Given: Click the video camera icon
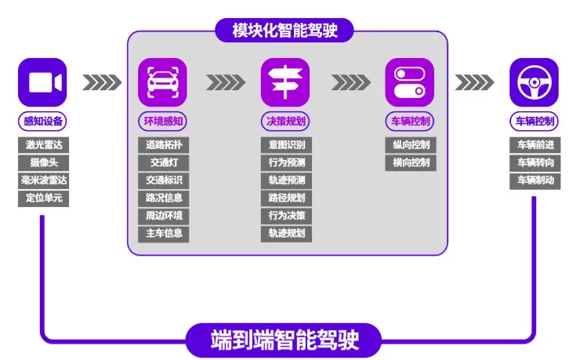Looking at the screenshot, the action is pos(42,82).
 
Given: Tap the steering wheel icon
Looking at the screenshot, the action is pos(533,82).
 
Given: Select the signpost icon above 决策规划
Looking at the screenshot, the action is pos(285,82).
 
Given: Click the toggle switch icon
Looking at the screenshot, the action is pos(409,82).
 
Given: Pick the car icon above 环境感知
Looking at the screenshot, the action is pos(163,82).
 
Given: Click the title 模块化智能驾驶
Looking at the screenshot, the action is pos(286,30).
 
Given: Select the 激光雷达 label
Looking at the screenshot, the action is pos(43,145).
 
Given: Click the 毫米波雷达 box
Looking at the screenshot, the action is pos(43,180).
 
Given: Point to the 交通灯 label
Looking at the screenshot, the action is pos(163,163).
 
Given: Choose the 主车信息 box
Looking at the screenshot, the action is pos(163,233).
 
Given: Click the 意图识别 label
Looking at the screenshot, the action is pos(286,145).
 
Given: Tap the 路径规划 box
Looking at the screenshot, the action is pos(286,198).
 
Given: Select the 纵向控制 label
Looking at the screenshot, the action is pos(410,145).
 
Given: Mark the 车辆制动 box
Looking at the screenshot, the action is pos(534,180).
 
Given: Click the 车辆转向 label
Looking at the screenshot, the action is pos(534,163).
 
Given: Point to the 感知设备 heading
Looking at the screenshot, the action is pos(43,122).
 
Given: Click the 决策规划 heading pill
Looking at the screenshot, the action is pos(286,122).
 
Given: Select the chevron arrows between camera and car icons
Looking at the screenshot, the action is pos(102,82).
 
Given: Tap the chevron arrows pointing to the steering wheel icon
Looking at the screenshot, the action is pos(473,82).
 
